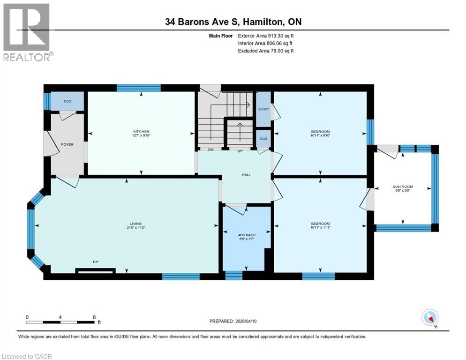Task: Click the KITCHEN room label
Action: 141,131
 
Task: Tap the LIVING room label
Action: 136,224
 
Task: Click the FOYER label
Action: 67,144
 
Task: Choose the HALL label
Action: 246,175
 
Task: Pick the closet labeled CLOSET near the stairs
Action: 263,109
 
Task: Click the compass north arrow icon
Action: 430,318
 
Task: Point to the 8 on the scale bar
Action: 94,317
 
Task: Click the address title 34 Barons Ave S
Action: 233,22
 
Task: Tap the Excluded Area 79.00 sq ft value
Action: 276,51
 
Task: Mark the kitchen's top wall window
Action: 138,88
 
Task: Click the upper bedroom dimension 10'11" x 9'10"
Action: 320,135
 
